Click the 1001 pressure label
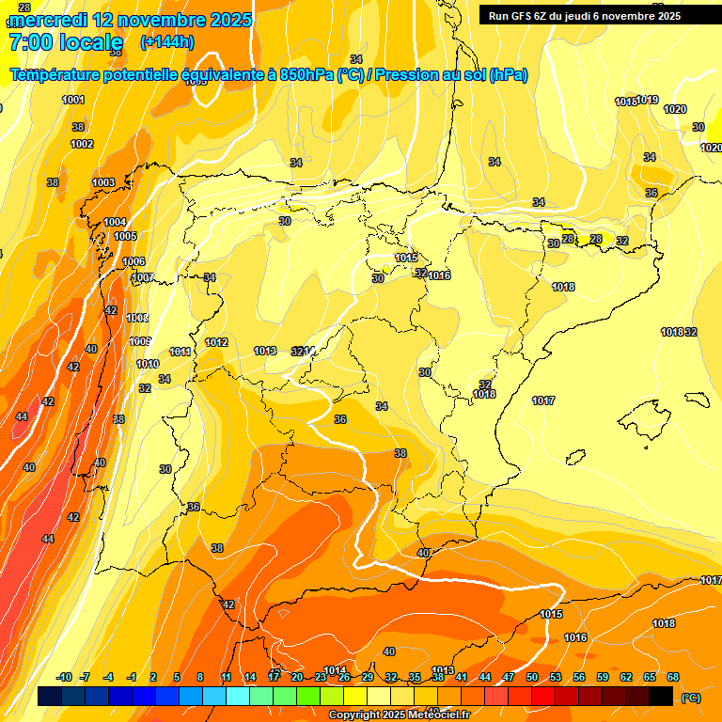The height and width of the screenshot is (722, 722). click(73, 100)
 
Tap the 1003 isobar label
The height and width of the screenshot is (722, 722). click(103, 182)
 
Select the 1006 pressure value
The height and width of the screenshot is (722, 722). click(133, 261)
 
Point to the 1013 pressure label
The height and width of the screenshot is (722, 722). click(265, 351)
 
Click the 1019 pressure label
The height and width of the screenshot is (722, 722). click(648, 101)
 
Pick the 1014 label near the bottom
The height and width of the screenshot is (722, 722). click(335, 670)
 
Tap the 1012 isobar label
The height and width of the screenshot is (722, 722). click(216, 342)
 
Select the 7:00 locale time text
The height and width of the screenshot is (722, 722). click(65, 42)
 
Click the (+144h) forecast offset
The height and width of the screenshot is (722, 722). click(166, 42)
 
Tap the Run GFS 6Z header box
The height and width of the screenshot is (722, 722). click(584, 15)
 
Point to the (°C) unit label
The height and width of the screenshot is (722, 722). click(690, 698)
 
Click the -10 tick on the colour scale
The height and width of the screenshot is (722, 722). click(64, 677)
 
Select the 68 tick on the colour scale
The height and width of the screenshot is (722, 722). click(672, 677)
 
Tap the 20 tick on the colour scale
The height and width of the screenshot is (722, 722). click(296, 677)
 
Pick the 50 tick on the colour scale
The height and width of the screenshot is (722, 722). click(531, 677)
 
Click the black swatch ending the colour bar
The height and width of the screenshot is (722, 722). click(661, 696)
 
